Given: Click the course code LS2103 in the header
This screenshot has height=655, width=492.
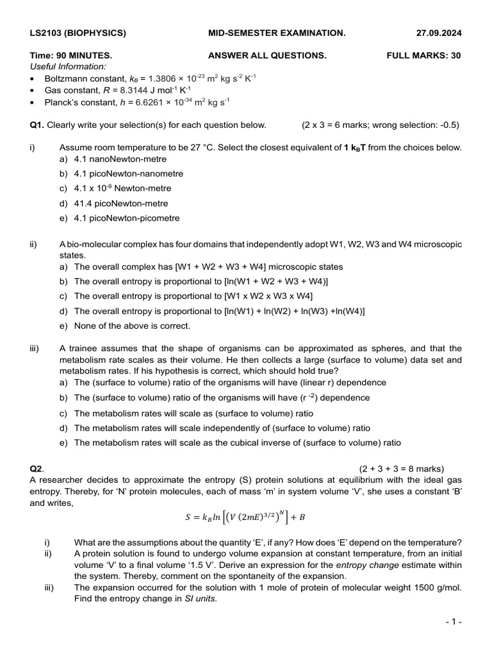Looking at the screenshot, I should (48, 33).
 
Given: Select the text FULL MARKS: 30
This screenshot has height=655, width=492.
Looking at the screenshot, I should (423, 56).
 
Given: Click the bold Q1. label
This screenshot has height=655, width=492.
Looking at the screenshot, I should (37, 125).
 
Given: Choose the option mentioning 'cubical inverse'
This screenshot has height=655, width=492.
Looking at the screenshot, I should (238, 443).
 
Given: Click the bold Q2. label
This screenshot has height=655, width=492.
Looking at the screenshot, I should (37, 468).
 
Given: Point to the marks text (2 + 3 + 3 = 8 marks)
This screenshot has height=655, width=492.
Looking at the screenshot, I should (401, 468).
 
